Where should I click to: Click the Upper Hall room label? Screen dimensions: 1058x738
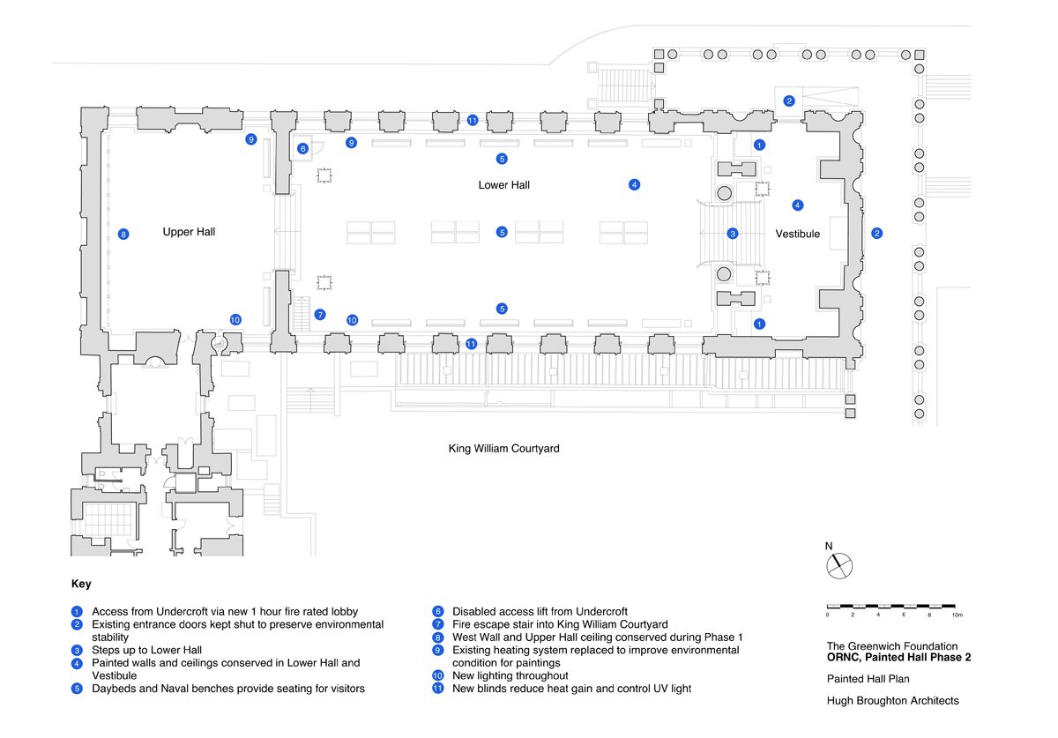189,232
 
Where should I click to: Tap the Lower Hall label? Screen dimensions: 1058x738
504,185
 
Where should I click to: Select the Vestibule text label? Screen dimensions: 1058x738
797,234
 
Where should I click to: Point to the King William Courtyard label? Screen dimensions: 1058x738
504,449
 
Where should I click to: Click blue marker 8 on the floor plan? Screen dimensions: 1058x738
123,234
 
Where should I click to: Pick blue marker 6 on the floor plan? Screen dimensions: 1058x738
302,149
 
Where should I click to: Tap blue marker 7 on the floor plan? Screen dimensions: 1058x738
320,315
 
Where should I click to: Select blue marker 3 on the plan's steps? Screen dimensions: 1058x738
733,234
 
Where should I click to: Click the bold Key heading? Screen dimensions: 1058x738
81,584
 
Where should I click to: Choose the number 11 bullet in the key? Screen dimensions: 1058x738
438,689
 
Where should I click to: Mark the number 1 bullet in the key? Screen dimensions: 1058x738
77,612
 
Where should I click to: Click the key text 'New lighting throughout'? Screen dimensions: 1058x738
510,675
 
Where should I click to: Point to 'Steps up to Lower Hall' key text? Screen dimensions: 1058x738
147,650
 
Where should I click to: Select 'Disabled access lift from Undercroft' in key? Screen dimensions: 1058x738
540,612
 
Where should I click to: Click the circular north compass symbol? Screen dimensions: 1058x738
839,566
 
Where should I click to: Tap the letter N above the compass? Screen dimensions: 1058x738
829,546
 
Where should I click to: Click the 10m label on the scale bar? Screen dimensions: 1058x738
957,615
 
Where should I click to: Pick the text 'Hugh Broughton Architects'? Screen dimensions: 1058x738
892,701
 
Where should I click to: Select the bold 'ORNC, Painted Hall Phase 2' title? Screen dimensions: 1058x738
898,658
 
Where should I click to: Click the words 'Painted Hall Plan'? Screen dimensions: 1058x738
868,679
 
